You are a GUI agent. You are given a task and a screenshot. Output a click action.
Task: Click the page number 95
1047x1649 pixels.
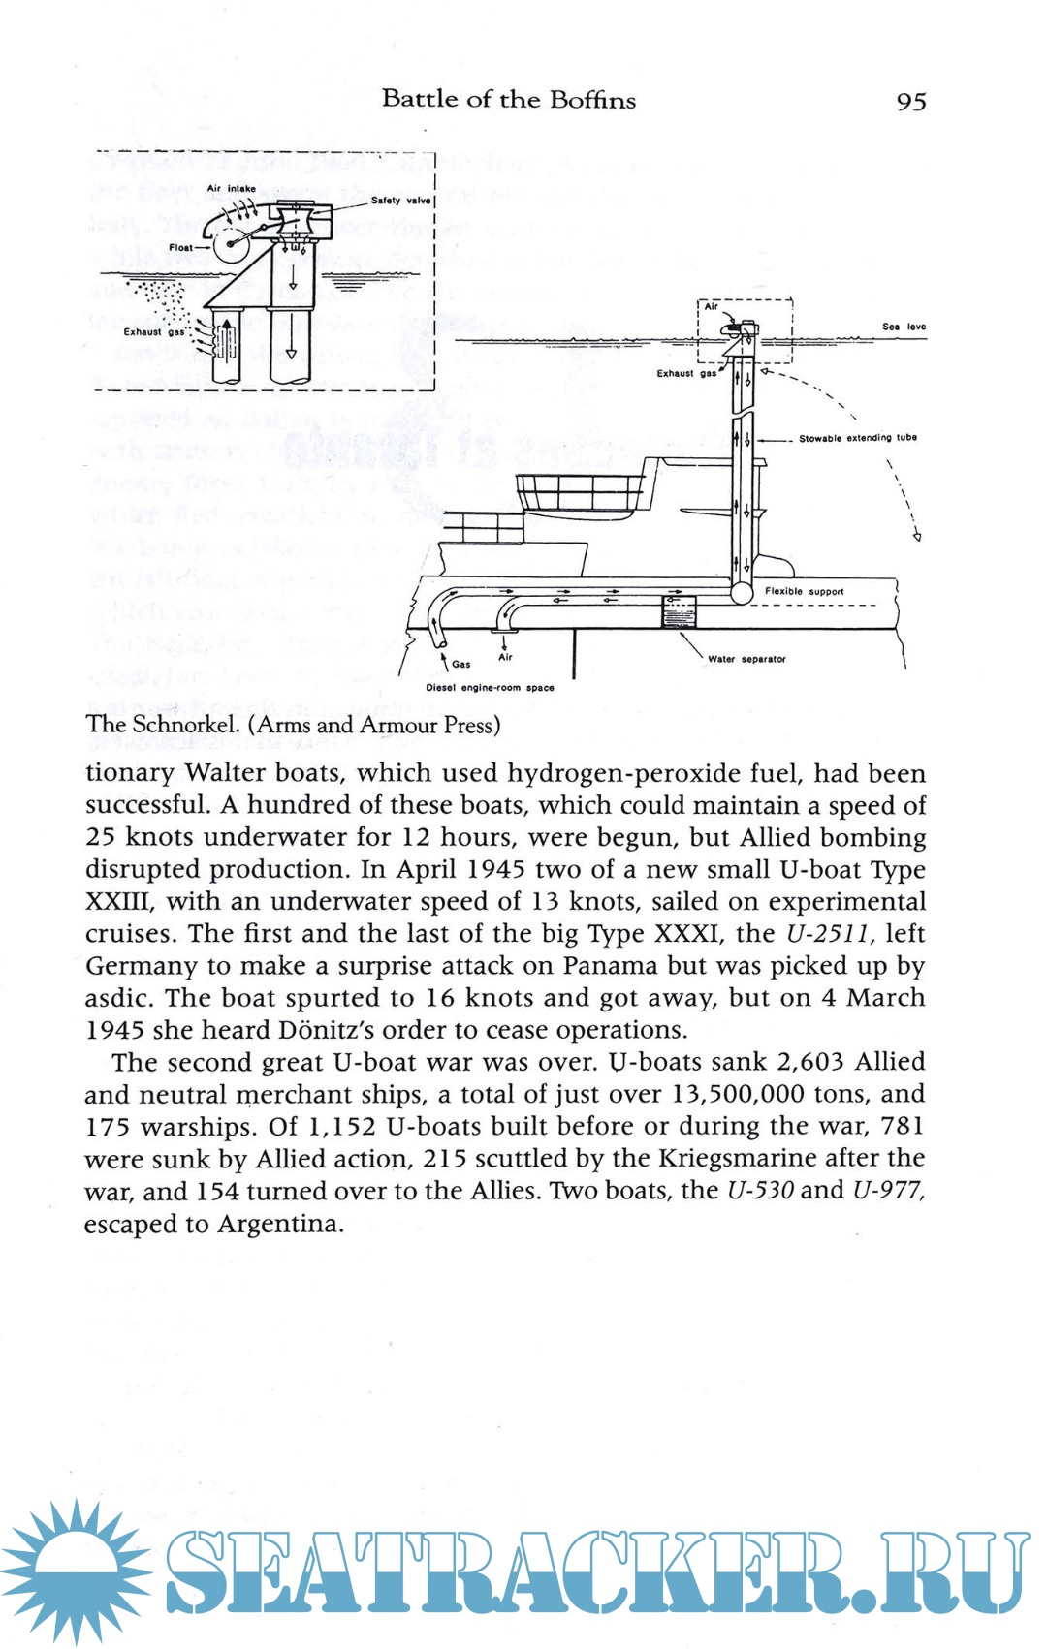tap(911, 101)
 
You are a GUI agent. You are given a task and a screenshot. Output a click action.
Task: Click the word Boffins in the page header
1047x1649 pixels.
tap(592, 99)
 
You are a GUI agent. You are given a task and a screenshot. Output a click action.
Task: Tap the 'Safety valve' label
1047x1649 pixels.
tap(400, 201)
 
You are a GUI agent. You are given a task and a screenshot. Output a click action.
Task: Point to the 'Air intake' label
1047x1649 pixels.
tap(231, 189)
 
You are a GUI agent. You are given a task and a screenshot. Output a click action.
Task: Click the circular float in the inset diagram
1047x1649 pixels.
tap(231, 247)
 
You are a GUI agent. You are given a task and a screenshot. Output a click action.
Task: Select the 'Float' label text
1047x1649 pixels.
tap(181, 247)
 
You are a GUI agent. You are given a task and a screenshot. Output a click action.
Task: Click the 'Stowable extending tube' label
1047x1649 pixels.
tap(857, 438)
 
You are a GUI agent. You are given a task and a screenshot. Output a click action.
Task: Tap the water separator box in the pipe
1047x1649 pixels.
tap(679, 612)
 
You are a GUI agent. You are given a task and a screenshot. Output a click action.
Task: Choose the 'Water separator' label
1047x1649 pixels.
tap(746, 659)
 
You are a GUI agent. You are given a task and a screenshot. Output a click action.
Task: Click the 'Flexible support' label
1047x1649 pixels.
tap(804, 591)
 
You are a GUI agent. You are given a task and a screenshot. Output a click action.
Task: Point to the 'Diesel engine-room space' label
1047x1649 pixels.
tap(490, 688)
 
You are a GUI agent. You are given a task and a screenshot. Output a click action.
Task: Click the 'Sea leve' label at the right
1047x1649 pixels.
tap(904, 327)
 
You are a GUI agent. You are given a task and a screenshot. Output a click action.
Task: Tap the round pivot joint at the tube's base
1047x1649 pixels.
tap(742, 591)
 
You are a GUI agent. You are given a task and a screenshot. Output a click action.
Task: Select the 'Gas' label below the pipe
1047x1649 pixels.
tap(461, 665)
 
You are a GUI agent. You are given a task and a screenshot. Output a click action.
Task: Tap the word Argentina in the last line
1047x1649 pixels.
tap(280, 1224)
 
